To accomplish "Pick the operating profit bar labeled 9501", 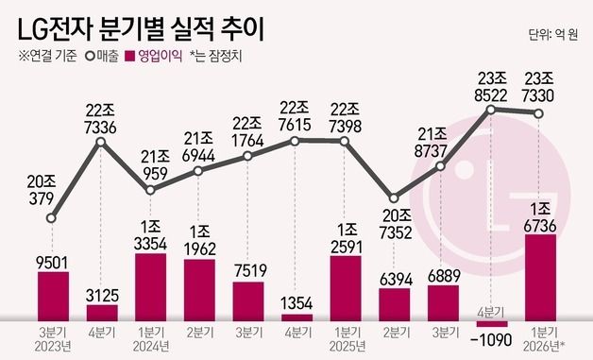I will pyautogui.click(x=53, y=296).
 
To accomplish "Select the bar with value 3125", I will pyautogui.click(x=102, y=312).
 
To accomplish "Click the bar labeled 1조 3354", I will pyautogui.click(x=151, y=286).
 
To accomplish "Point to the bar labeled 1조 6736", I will pyautogui.click(x=540, y=277).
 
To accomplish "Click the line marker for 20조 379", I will pyautogui.click(x=52, y=219).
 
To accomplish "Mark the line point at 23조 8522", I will pyautogui.click(x=491, y=110).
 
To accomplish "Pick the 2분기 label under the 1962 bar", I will pyautogui.click(x=200, y=333).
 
